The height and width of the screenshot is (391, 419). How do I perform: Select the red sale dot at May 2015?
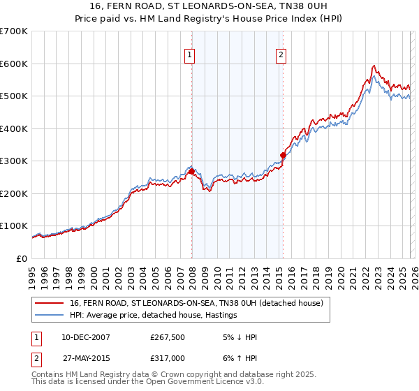pyautogui.click(x=283, y=155)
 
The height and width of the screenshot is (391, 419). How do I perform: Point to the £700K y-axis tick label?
pyautogui.click(x=14, y=31)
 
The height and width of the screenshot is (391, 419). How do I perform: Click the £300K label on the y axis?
pyautogui.click(x=14, y=161)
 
